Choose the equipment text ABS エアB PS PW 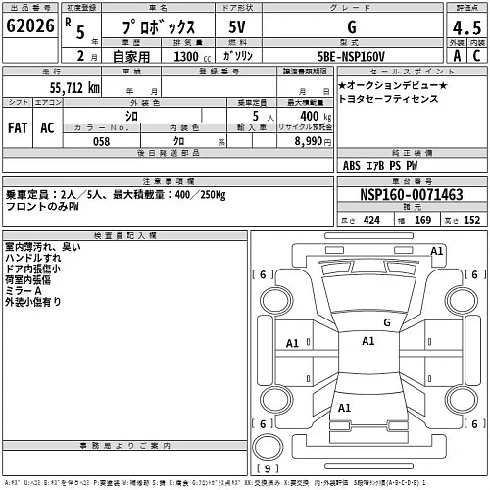(x=380, y=165)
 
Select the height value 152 (x=470, y=220)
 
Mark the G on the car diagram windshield (x=387, y=321)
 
